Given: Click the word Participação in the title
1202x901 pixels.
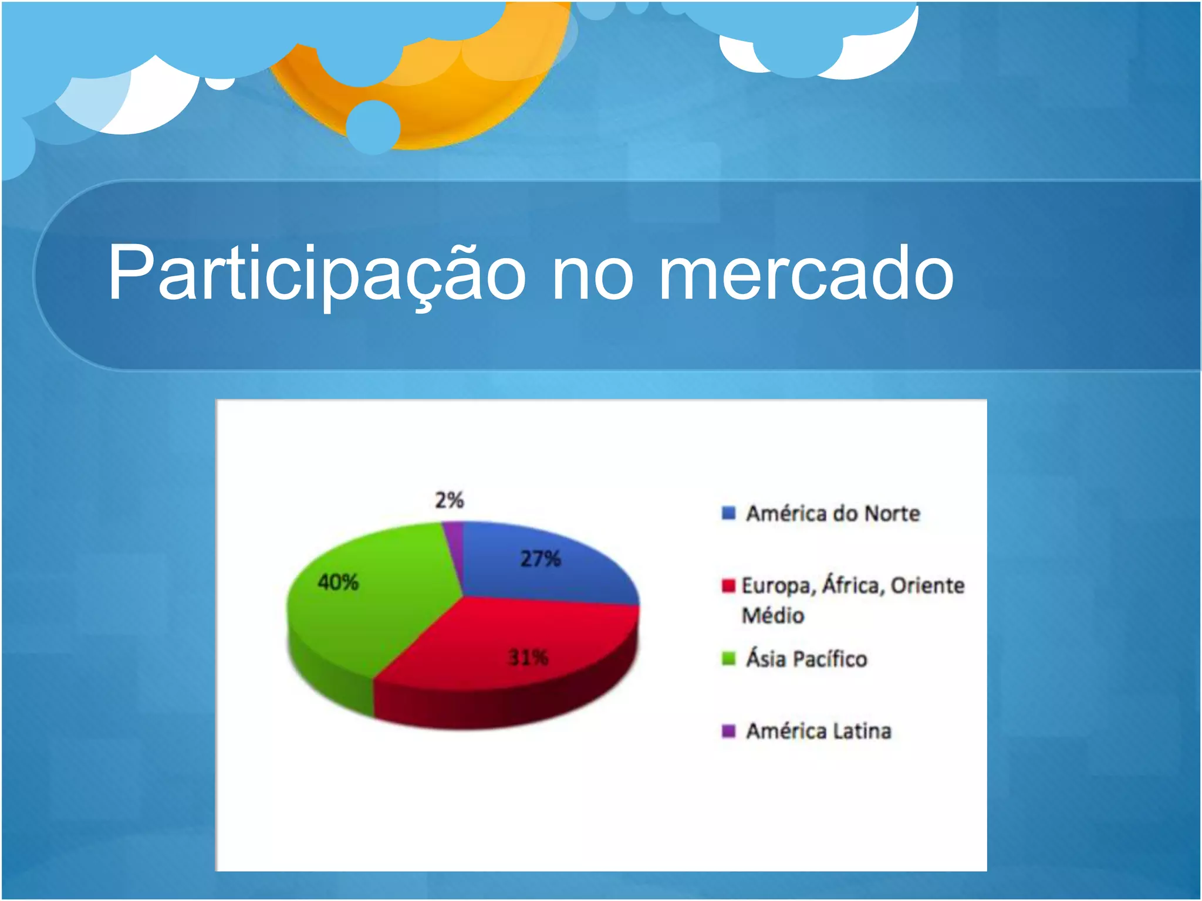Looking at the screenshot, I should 317,273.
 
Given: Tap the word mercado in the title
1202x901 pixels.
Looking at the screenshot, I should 806,273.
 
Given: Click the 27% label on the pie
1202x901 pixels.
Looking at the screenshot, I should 541,558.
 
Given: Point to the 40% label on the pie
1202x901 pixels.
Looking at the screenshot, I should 338,582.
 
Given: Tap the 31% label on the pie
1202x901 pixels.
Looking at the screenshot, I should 528,658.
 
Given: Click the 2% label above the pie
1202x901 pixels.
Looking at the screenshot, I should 450,500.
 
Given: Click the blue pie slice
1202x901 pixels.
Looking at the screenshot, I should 563,581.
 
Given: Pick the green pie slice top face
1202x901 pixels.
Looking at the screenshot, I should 376,610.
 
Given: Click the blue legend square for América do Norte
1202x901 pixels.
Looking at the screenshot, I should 728,513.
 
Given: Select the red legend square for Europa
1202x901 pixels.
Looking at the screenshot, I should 728,585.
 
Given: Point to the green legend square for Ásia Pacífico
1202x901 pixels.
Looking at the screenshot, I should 728,659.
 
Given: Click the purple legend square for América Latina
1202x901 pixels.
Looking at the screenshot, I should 728,731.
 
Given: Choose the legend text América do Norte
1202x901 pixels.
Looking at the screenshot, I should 833,514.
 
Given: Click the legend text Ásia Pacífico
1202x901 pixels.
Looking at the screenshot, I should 806,659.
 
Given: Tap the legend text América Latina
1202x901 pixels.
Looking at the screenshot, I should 819,731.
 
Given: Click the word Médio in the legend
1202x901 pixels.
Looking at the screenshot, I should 772,615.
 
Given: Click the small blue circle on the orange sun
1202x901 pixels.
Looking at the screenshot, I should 373,127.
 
